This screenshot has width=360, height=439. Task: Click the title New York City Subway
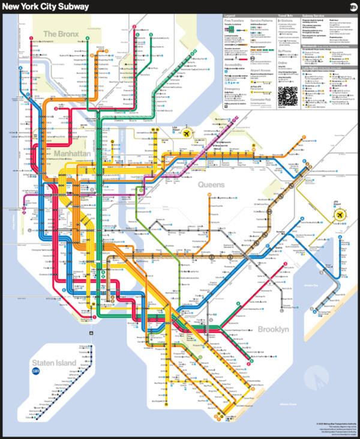[47, 7]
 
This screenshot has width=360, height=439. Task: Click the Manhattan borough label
[71, 154]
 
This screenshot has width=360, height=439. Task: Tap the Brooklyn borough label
[273, 329]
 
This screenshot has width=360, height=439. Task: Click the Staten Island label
[54, 363]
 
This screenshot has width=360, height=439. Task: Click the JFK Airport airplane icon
[340, 214]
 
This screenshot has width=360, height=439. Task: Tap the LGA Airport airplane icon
[187, 133]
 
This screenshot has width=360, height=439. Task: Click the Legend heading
[230, 15]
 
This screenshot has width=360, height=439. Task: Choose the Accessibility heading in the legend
[233, 64]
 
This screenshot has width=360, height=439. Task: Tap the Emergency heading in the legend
[232, 89]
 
